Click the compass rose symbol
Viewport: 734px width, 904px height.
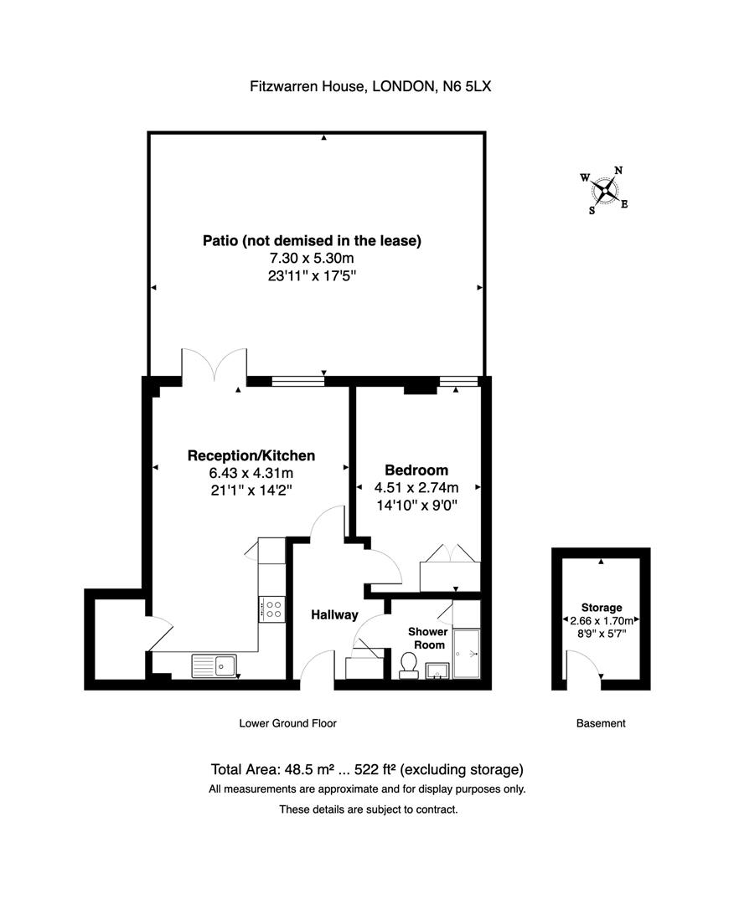coord(603,189)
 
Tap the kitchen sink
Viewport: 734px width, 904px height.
coord(215,665)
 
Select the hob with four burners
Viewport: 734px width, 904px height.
coord(272,608)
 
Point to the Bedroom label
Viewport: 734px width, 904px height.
coord(416,470)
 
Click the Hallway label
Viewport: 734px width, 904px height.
coord(334,614)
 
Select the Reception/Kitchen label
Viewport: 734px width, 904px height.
coord(251,455)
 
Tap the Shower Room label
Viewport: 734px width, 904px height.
coord(426,638)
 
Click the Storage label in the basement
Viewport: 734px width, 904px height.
coord(601,607)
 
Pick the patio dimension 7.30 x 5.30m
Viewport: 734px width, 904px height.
coord(312,259)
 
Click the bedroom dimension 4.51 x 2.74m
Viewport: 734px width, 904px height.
coord(416,488)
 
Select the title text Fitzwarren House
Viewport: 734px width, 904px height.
coord(305,86)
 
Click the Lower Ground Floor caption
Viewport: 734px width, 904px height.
coord(287,723)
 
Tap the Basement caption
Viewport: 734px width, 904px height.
coord(601,723)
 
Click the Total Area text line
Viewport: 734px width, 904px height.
coord(367,769)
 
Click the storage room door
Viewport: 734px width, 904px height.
coord(584,666)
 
